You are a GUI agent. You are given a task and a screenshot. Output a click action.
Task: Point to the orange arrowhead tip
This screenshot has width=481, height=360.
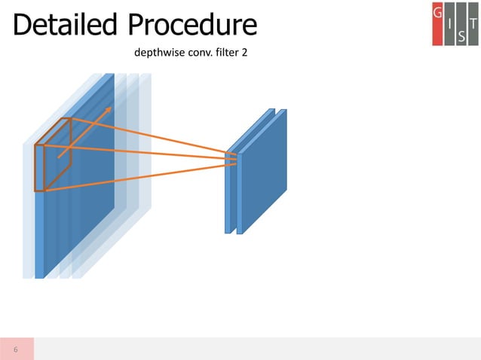(111, 107)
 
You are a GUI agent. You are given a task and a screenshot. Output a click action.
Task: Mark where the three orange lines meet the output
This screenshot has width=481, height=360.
(236, 159)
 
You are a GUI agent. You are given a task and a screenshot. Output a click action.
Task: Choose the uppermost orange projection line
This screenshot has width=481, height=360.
(151, 136)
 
